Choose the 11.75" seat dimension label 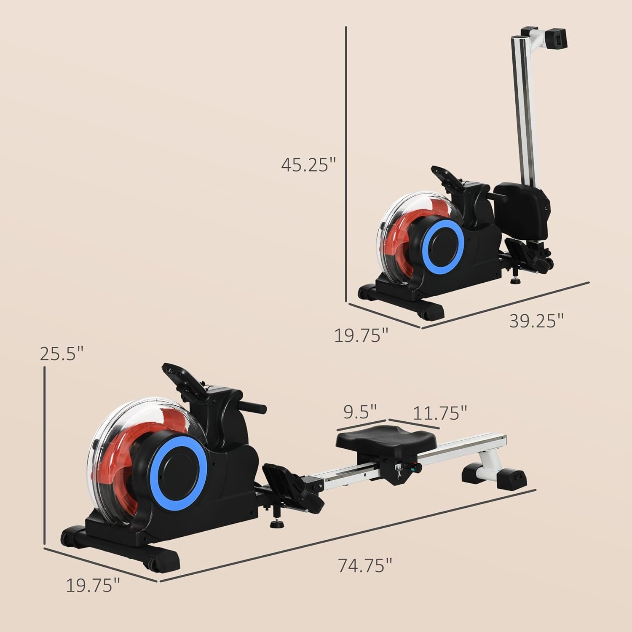pyautogui.click(x=440, y=413)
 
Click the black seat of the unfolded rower pyautogui.click(x=380, y=439)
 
